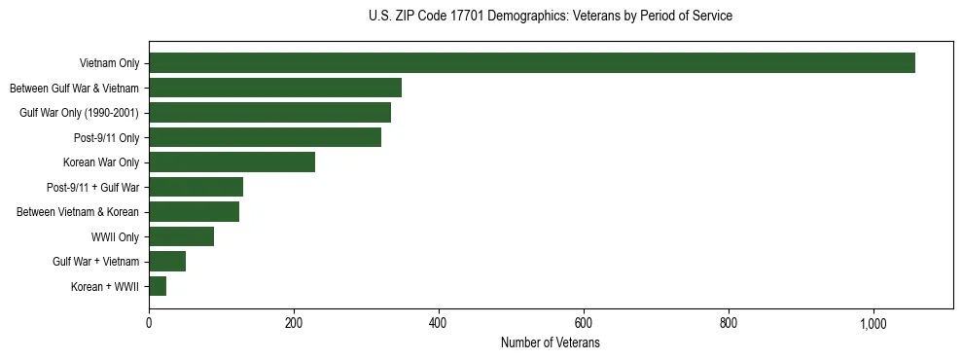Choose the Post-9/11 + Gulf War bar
click(196, 187)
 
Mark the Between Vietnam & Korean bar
click(194, 212)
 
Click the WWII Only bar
click(181, 236)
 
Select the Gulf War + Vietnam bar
click(167, 261)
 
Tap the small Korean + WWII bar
click(158, 286)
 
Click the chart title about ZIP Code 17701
click(551, 17)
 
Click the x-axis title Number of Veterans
click(551, 343)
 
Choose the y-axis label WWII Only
click(115, 236)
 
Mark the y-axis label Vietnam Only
click(109, 63)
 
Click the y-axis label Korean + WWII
click(105, 286)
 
